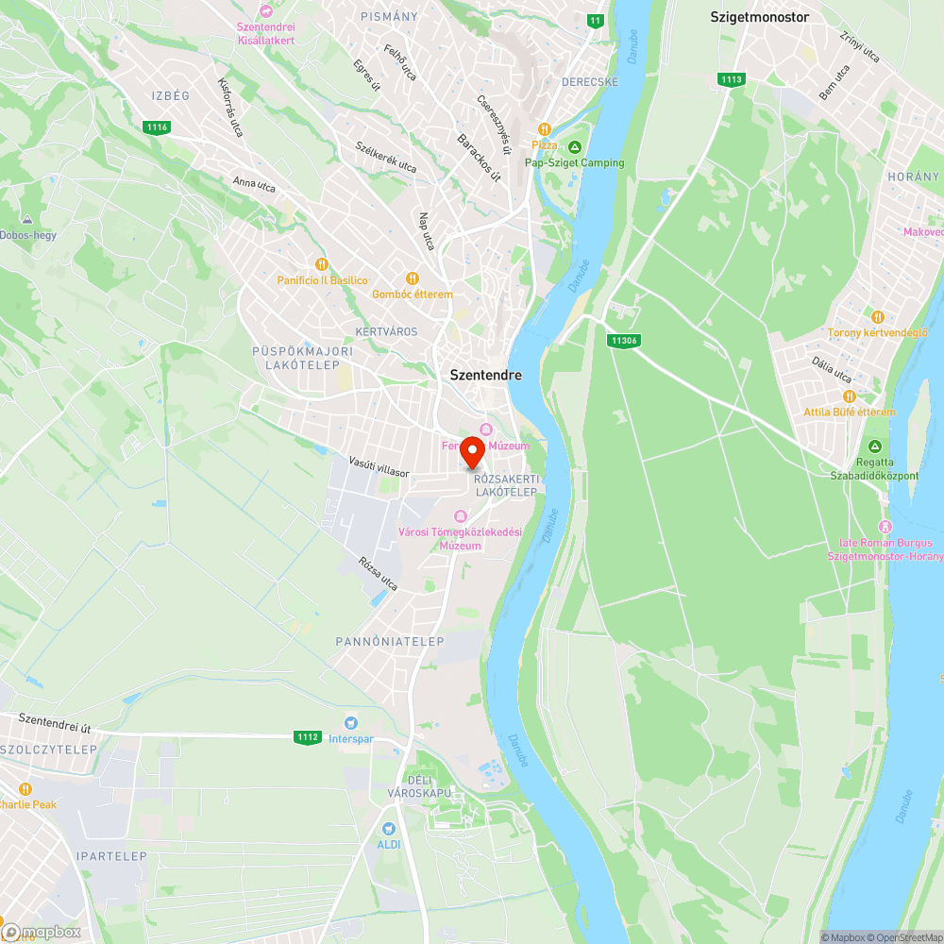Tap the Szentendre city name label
coord(485,375)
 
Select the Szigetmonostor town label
coord(760,17)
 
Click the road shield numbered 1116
coord(157,127)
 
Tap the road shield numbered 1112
coord(307,737)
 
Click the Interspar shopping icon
coord(351,722)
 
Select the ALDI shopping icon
coord(388,828)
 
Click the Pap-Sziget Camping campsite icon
coord(575,145)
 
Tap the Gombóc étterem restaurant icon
coord(412,278)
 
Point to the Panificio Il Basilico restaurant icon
coord(322,264)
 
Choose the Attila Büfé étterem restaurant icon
coord(849,396)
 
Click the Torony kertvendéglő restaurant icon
coord(877,316)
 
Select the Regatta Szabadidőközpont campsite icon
coord(875,447)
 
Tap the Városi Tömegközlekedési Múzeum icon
coord(461,515)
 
